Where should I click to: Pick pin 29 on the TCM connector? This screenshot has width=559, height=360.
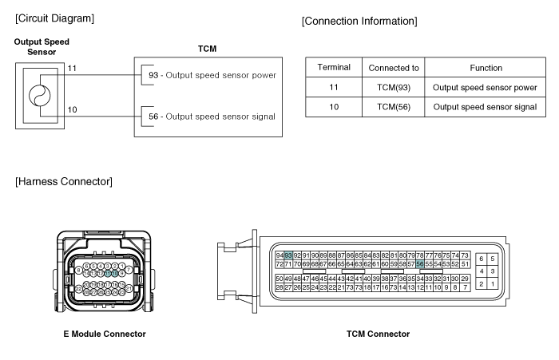(x=464, y=278)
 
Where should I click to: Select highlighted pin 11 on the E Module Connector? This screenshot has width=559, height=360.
(x=108, y=273)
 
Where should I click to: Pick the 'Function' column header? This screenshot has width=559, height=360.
(x=485, y=68)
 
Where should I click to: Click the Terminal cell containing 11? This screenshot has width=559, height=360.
(x=334, y=86)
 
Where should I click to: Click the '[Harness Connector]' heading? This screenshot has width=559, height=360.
(x=64, y=183)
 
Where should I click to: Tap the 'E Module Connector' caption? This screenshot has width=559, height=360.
(x=104, y=333)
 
